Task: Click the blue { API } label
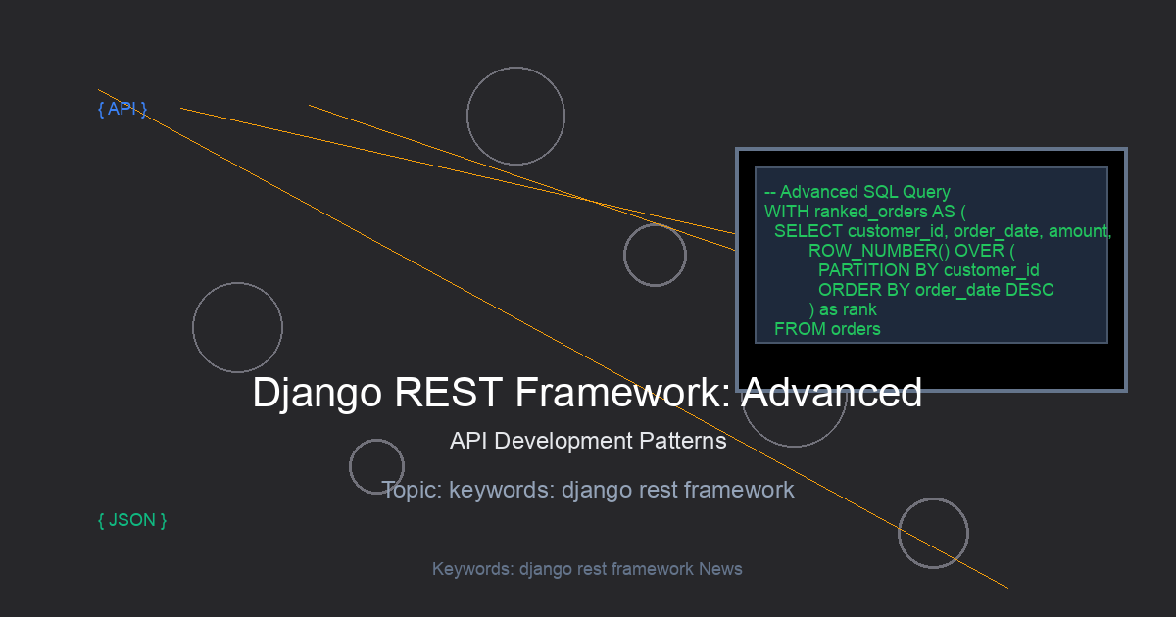coord(122,110)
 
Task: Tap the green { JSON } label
coord(132,520)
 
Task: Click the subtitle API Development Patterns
coord(588,441)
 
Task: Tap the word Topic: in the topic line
coord(412,490)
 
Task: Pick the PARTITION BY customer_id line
coord(928,270)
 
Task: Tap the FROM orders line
coord(827,329)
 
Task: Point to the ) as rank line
coord(843,309)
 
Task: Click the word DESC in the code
coord(1029,290)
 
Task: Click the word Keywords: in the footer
coord(473,569)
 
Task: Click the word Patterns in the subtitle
coord(689,441)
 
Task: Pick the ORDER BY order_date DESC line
coord(936,290)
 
